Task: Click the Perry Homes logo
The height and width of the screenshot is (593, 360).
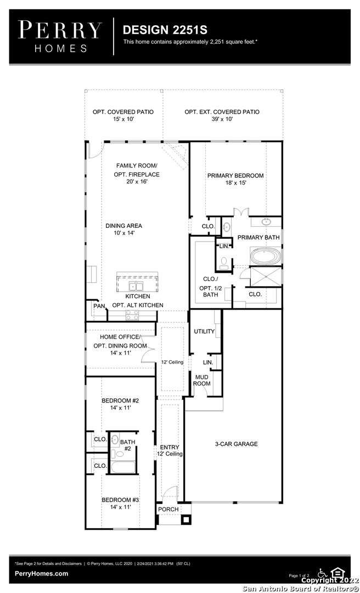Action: [x=60, y=37]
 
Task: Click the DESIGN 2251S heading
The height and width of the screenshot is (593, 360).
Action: [x=165, y=30]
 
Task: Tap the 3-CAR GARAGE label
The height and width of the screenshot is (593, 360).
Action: [x=237, y=444]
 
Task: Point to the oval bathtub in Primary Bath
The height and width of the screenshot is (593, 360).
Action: [x=266, y=256]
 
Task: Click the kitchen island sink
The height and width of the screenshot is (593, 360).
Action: [x=136, y=285]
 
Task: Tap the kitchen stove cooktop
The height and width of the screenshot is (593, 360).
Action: [x=132, y=315]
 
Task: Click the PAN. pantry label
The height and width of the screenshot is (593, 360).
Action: [x=99, y=306]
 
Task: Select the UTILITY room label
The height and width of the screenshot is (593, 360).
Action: [x=204, y=331]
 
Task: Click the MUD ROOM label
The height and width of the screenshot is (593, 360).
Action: [x=201, y=380]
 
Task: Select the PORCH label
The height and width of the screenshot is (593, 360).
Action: [x=168, y=510]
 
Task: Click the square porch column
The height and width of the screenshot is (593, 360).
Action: [x=185, y=519]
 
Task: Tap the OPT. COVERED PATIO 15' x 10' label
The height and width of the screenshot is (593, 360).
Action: [x=123, y=115]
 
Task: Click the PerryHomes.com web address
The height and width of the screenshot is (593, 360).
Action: [x=42, y=573]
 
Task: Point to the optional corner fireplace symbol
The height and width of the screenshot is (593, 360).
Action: [x=175, y=155]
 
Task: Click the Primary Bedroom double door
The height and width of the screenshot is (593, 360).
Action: [x=240, y=212]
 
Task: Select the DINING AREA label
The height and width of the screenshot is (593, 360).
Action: [x=123, y=229]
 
